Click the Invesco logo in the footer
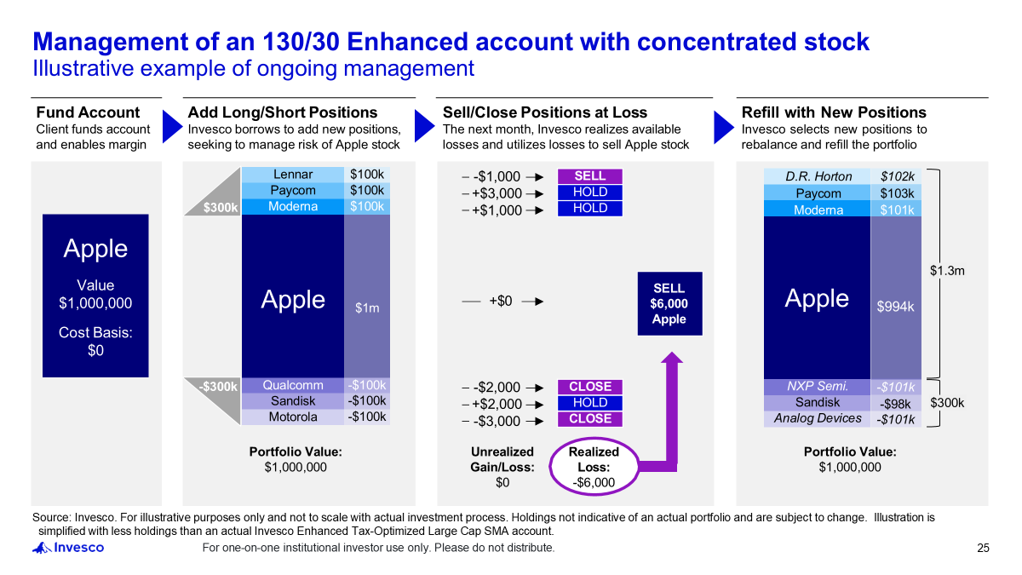pos(68,548)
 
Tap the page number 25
pos(983,548)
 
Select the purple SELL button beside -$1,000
pos(589,176)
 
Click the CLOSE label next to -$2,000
pos(589,387)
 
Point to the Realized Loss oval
pos(594,467)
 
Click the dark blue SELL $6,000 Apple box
pos(669,303)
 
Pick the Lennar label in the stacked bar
pos(293,175)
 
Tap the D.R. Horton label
pos(818,176)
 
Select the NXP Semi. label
pos(818,387)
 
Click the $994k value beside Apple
pos(895,307)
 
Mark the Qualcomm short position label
pos(293,385)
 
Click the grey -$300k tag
pos(219,387)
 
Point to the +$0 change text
pos(501,301)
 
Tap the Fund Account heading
pos(88,112)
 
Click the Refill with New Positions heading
pos(834,112)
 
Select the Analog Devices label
pos(818,418)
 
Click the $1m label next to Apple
pos(367,308)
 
